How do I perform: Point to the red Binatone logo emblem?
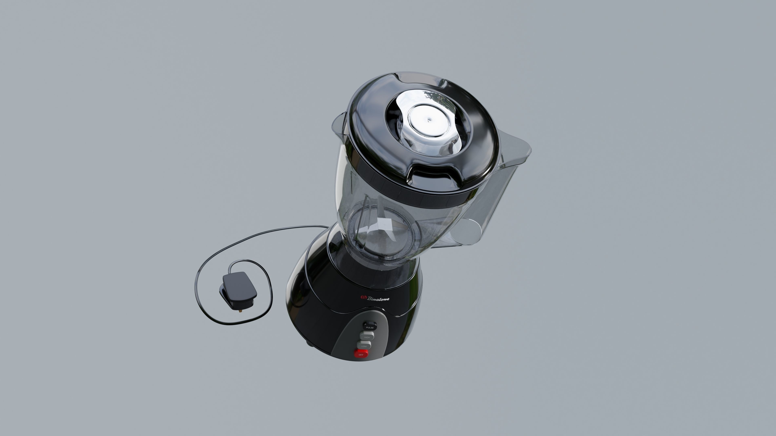(363, 298)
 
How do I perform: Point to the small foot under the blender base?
(309, 343)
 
